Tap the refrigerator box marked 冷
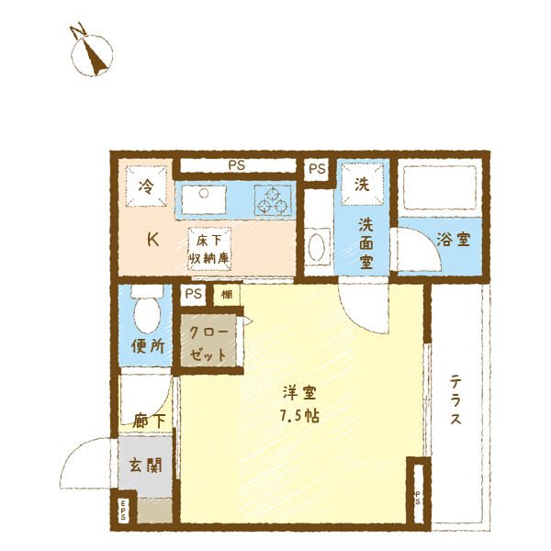pyautogui.click(x=146, y=186)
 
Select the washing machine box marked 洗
pyautogui.click(x=363, y=183)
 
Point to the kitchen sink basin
pyautogui.click(x=202, y=196)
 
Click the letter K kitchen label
pyautogui.click(x=154, y=240)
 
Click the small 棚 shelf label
pyautogui.click(x=226, y=295)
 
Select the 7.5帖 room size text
pyautogui.click(x=299, y=413)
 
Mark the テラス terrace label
pyautogui.click(x=455, y=400)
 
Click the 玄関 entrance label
pyautogui.click(x=146, y=465)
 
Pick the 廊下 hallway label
pyautogui.click(x=148, y=422)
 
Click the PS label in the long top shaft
pyautogui.click(x=237, y=166)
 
